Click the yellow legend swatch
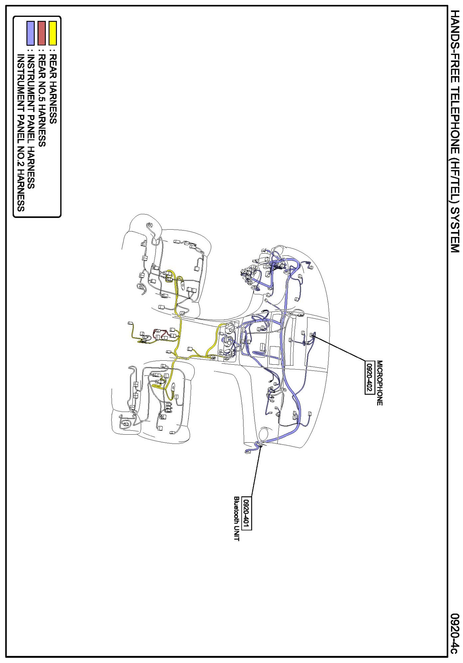(x=53, y=33)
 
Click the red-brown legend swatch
(x=42, y=33)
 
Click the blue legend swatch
(x=31, y=33)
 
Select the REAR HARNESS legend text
(x=53, y=89)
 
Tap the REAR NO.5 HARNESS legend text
(x=42, y=101)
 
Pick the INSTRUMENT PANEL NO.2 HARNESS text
(x=21, y=133)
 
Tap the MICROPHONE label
(x=380, y=383)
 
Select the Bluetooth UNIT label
(x=237, y=518)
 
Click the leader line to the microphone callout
(x=339, y=348)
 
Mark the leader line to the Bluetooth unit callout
(x=256, y=471)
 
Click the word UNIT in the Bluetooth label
(x=237, y=533)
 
